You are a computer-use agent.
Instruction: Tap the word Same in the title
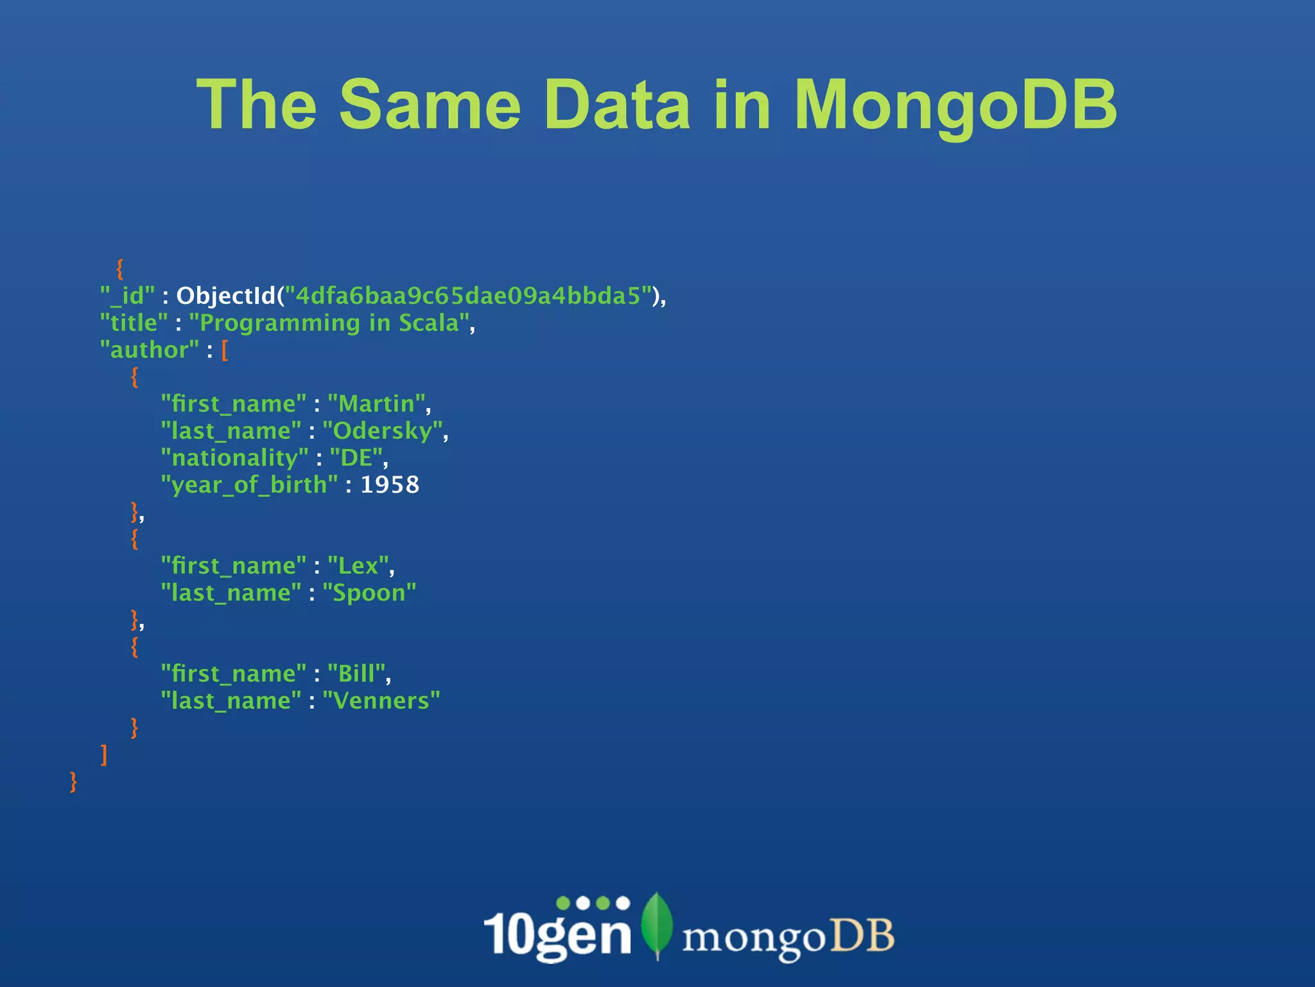click(430, 105)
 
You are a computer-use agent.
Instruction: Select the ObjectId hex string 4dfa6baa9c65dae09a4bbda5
click(468, 296)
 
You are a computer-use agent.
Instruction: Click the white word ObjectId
click(227, 296)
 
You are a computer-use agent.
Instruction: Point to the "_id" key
click(127, 296)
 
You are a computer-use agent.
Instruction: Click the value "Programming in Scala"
click(330, 323)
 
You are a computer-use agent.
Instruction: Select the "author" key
click(149, 350)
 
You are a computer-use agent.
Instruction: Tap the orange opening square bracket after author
click(225, 350)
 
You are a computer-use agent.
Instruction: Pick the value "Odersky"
click(383, 431)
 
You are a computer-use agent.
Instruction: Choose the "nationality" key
click(234, 458)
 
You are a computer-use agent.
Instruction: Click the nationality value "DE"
click(356, 458)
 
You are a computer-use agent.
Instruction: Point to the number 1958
click(390, 485)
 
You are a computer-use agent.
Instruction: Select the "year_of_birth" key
click(249, 485)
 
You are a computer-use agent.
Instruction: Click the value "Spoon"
click(369, 592)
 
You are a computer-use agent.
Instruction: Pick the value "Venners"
click(381, 700)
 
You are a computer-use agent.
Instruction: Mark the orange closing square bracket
click(104, 754)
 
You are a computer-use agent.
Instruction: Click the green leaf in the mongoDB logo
click(657, 924)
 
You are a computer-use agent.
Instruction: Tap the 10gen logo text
click(557, 932)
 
